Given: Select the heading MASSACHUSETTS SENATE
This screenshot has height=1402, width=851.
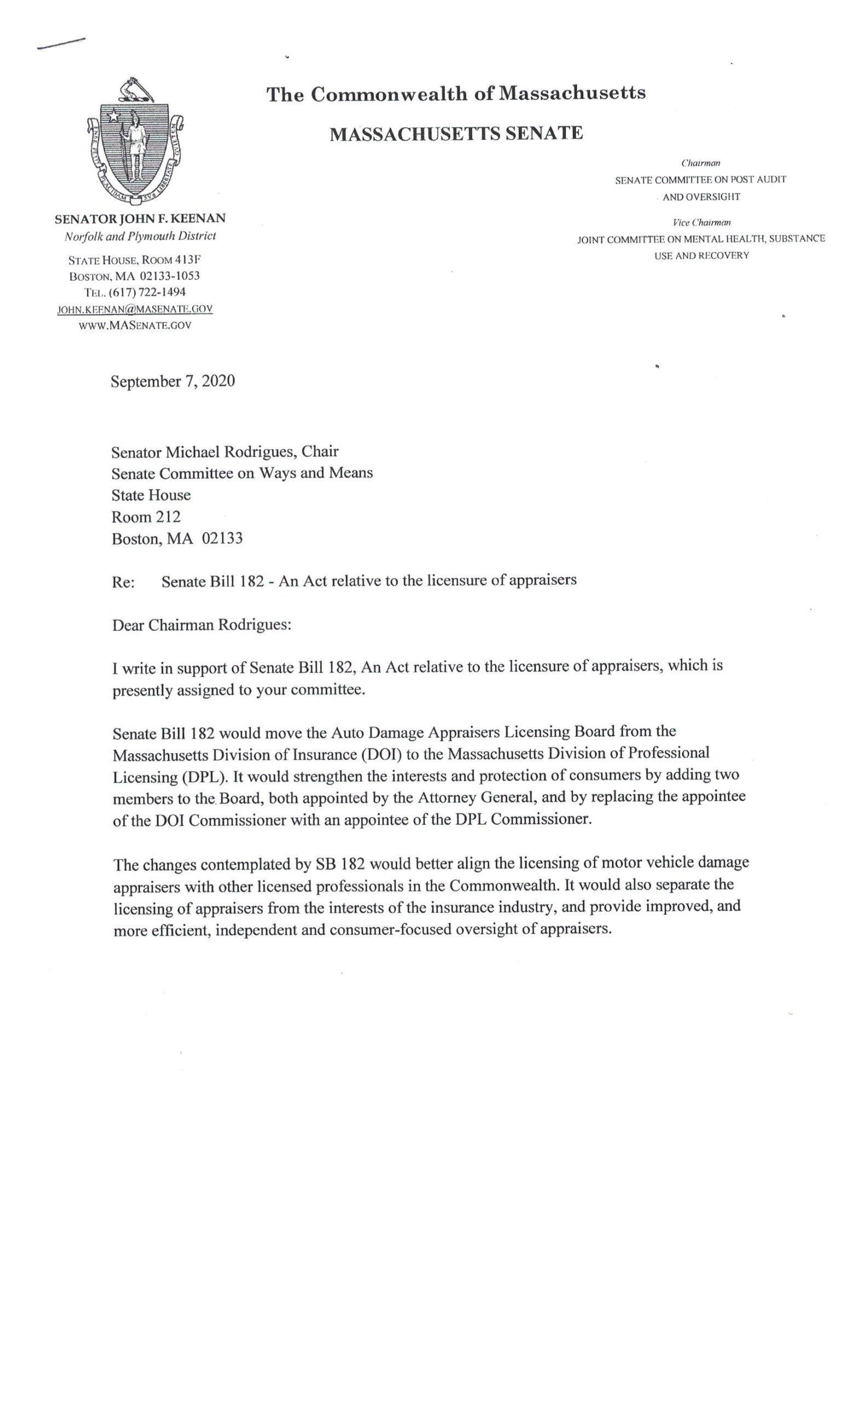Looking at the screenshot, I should tap(456, 133).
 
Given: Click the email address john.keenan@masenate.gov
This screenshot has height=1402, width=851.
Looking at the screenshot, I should tap(135, 309).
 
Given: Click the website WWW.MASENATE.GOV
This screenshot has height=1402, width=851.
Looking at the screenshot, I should tap(135, 325).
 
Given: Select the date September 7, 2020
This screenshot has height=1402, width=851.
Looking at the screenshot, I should tap(173, 381).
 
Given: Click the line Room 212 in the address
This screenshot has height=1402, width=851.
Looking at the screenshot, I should tap(146, 516).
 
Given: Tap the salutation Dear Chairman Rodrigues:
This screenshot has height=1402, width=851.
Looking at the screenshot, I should tap(202, 625).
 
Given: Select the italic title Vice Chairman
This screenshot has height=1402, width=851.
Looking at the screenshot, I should tap(701, 222).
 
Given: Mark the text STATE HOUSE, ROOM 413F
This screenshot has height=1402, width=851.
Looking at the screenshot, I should tap(135, 260).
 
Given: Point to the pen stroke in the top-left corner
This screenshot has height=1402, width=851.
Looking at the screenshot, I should tap(60, 44).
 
